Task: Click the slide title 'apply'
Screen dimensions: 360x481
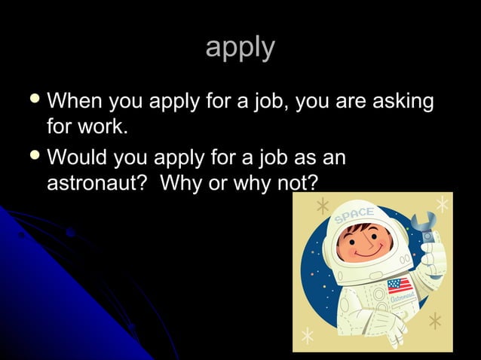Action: tap(240, 47)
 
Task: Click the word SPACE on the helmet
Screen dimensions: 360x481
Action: tap(354, 214)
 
